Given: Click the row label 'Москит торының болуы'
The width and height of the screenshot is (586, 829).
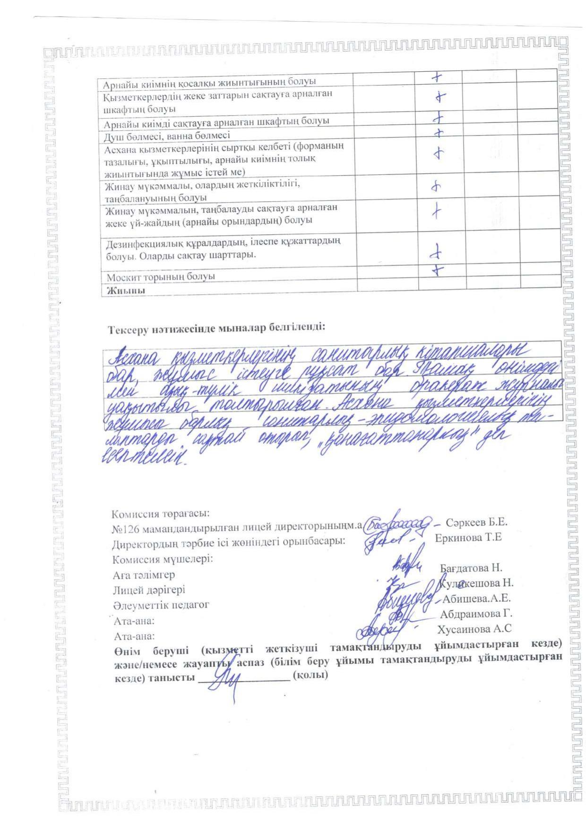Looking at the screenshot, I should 161,276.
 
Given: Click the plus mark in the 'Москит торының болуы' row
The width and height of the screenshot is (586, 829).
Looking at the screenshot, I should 439,270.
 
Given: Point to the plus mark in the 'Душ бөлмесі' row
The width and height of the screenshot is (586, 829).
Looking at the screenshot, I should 440,133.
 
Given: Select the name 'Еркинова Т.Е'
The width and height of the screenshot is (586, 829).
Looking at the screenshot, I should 468,538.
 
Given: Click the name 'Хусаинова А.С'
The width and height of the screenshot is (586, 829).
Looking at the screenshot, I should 474,629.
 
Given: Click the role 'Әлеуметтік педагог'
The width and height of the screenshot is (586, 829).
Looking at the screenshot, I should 161,605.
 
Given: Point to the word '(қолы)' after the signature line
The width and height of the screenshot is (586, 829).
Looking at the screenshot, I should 310,675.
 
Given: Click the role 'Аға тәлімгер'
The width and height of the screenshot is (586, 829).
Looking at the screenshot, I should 144,575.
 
